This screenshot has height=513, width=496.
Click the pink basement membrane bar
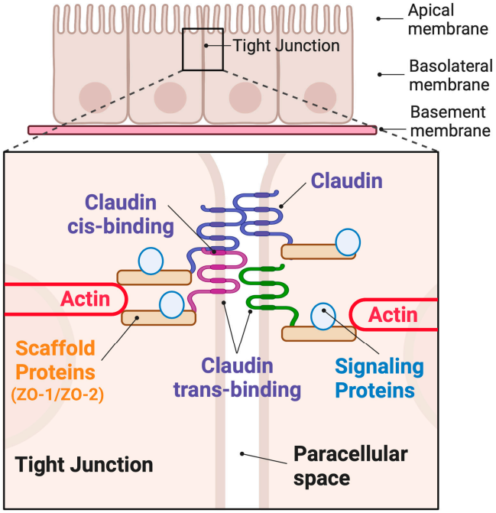[202, 130]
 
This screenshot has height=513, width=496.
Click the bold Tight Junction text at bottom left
[84, 464]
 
